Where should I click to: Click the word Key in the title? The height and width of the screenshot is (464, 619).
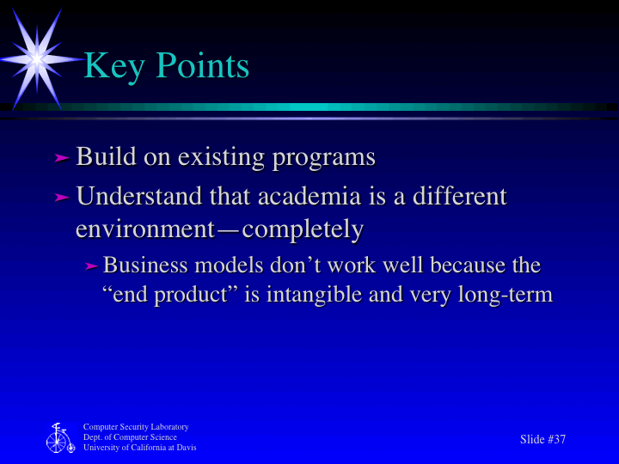point(113,66)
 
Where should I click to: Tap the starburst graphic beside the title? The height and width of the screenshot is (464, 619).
point(37,58)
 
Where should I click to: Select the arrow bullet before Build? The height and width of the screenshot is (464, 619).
point(61,158)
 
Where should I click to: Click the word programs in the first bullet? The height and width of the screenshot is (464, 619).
point(323,159)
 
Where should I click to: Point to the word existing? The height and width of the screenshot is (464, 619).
point(221,159)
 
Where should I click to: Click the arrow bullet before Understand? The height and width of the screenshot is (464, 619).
point(61,198)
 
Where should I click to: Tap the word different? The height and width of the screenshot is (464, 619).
point(459,197)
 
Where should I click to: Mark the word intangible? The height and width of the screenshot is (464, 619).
point(314,295)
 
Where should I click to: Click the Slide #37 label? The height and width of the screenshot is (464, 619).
point(542,439)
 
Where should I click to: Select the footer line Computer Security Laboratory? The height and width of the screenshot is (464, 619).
point(136,427)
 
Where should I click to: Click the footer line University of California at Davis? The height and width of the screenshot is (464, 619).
point(139,448)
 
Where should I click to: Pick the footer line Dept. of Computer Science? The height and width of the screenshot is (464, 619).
point(130,437)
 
